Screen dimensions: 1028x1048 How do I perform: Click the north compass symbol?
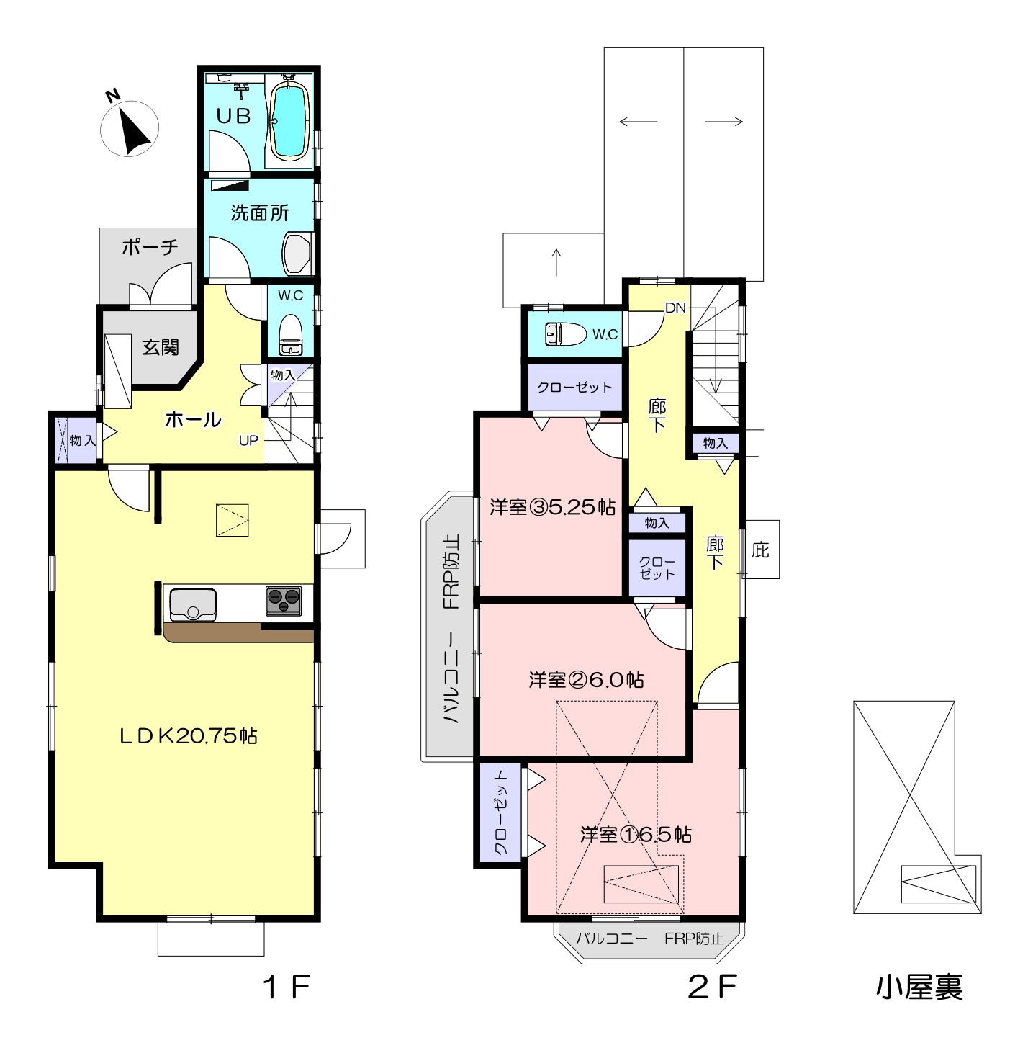130,128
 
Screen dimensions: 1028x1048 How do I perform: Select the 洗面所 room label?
259,212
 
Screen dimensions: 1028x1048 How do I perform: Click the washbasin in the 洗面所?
297,253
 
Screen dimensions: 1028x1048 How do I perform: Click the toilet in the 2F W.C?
566,333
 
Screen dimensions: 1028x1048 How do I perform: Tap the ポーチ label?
150,247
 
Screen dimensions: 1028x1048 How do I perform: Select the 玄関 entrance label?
161,347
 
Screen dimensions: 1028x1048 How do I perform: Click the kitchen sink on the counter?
193,604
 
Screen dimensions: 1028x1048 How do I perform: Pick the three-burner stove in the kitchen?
283,601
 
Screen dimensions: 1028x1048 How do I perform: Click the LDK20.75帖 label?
188,736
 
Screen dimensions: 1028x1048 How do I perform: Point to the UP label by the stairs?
248,441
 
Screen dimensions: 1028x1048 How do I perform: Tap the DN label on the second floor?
676,308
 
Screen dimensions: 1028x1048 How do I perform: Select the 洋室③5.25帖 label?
552,507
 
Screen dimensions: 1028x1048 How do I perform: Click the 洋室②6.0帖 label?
587,680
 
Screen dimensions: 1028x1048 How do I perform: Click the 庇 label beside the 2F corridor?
760,550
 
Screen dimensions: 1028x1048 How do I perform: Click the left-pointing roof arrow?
639,122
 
